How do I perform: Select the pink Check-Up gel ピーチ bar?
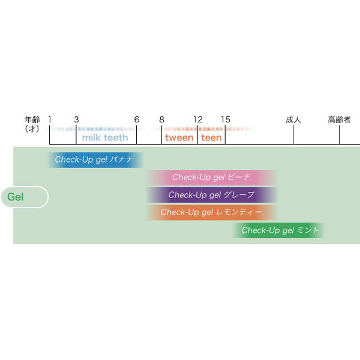[211, 178]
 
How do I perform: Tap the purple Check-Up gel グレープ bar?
[211, 195]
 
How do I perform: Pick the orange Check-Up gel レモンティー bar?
[211, 212]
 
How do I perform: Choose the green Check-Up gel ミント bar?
[280, 230]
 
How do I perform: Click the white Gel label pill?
[24, 197]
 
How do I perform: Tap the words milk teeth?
[105, 138]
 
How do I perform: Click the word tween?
[179, 138]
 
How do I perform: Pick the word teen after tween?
[211, 138]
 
